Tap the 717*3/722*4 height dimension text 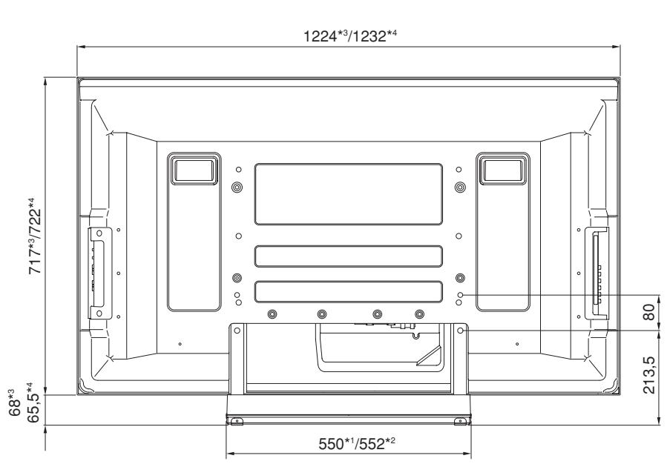33,236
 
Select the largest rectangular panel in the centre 348,194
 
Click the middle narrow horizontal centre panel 348,257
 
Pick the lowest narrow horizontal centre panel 348,291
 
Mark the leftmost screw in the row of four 272,314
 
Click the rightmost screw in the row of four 420,314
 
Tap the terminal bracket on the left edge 97,273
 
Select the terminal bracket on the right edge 598,273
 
